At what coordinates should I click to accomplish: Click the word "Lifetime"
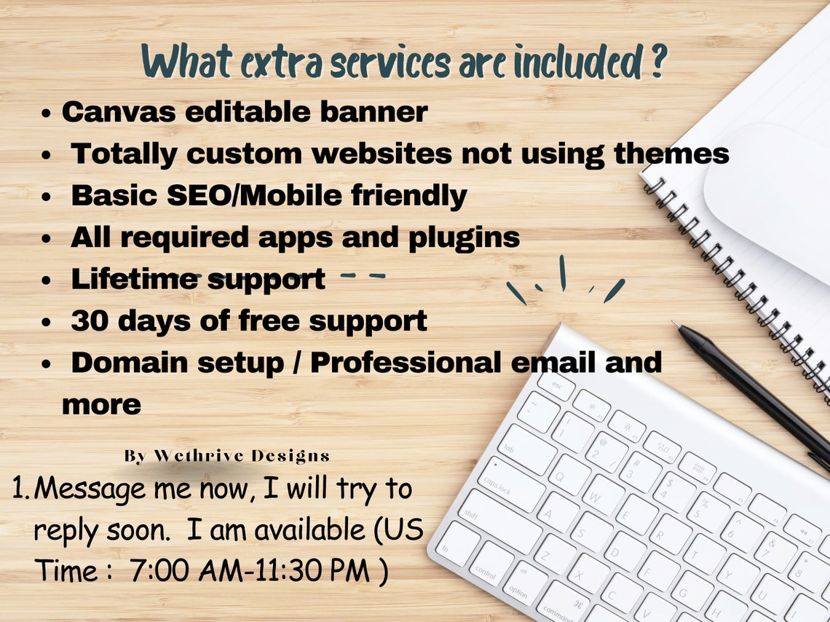(x=134, y=279)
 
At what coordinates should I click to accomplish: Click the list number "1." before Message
(x=20, y=489)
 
